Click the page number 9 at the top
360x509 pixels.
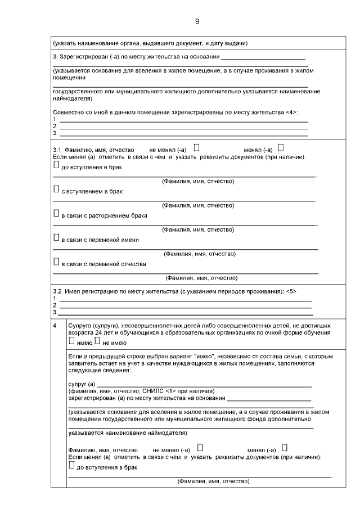[x=197, y=21]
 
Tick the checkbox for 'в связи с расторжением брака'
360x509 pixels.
[x=56, y=214]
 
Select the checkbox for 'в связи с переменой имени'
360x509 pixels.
[x=56, y=238]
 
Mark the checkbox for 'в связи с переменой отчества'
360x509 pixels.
[x=56, y=262]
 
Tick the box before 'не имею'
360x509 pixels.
[x=97, y=341]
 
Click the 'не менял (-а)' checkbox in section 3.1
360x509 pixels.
[x=197, y=148]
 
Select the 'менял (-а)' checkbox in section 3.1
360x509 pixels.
[x=281, y=148]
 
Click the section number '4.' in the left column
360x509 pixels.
[x=55, y=326]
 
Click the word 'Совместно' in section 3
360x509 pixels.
[x=67, y=112]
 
